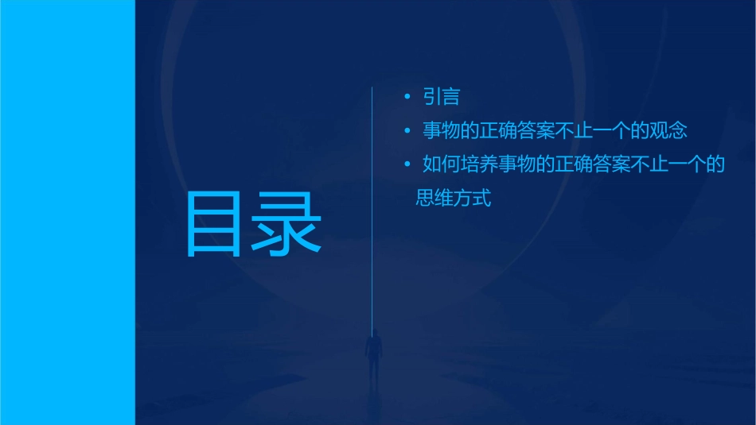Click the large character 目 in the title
(x=213, y=224)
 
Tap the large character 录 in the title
(x=286, y=224)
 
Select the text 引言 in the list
(x=442, y=97)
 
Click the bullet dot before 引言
(x=407, y=97)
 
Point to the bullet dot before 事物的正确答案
(x=407, y=130)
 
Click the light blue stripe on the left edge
(x=67, y=212)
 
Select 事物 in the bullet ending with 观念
(x=442, y=130)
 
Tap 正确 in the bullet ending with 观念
(x=499, y=130)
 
